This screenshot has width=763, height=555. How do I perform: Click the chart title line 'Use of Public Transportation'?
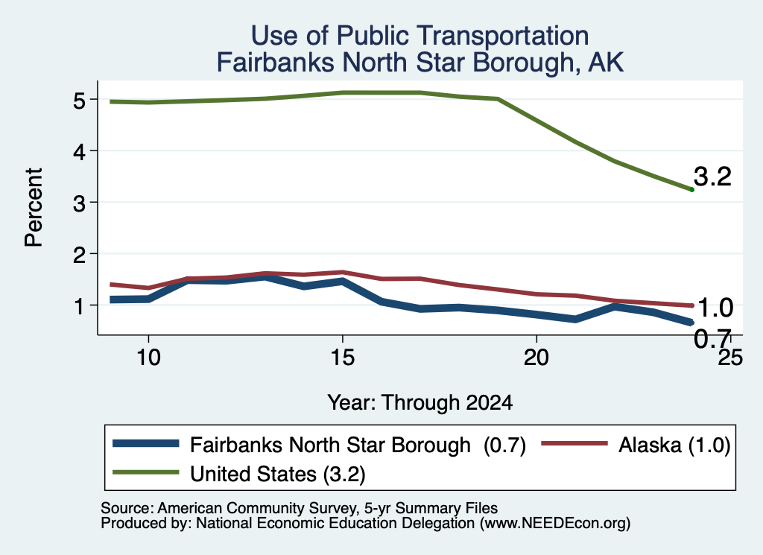pyautogui.click(x=420, y=36)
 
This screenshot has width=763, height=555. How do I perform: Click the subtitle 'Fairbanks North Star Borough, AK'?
pyautogui.click(x=420, y=63)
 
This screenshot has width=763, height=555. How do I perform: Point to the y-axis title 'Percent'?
pyautogui.click(x=34, y=208)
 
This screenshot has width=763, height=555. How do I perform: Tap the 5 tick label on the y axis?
pyautogui.click(x=79, y=101)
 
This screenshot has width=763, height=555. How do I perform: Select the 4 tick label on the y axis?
pyautogui.click(x=79, y=152)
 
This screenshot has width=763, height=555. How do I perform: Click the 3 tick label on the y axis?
pyautogui.click(x=79, y=203)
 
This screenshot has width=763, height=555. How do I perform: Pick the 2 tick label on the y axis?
pyautogui.click(x=79, y=254)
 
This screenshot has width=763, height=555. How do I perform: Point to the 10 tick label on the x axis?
pyautogui.click(x=148, y=358)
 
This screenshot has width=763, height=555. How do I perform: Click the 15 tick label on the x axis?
pyautogui.click(x=343, y=358)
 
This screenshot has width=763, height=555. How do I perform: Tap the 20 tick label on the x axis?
pyautogui.click(x=536, y=358)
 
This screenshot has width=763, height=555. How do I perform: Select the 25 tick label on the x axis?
pyautogui.click(x=730, y=358)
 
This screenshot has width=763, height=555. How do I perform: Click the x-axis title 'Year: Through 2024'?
pyautogui.click(x=420, y=403)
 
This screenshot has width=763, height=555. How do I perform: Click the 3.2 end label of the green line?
pyautogui.click(x=712, y=176)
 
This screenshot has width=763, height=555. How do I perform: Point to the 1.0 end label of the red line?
pyautogui.click(x=715, y=308)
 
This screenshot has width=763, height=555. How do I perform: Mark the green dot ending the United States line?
pyautogui.click(x=691, y=190)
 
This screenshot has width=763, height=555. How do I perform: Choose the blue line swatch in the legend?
pyautogui.click(x=145, y=443)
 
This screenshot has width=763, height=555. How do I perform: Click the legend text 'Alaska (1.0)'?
pyautogui.click(x=674, y=445)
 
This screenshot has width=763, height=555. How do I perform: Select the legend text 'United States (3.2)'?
pyautogui.click(x=277, y=475)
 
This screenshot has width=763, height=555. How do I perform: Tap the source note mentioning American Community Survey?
pyautogui.click(x=300, y=508)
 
